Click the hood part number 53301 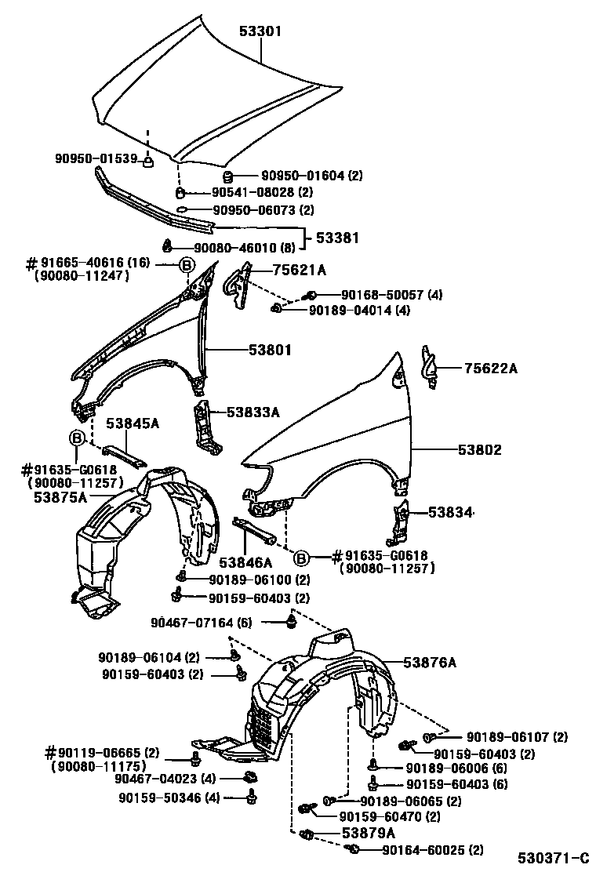(260, 31)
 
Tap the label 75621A (299, 271)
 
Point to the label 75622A (490, 368)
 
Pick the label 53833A (253, 411)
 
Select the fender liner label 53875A (60, 496)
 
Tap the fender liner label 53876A (430, 663)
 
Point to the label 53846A (245, 562)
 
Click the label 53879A (368, 833)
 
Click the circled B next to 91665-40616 (187, 265)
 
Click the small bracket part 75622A (430, 365)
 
